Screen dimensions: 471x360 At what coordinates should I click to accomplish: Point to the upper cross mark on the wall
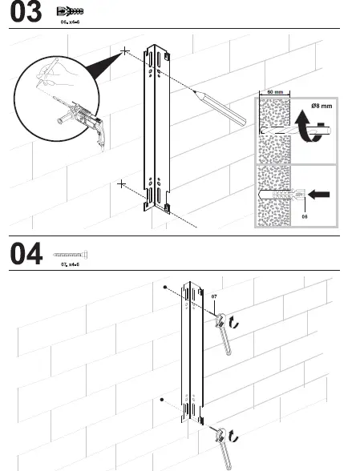tap(125, 51)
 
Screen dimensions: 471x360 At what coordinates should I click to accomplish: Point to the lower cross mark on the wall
tap(121, 184)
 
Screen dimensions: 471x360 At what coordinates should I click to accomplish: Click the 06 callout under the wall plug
tap(304, 215)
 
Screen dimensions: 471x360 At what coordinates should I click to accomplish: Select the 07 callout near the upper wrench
tap(214, 296)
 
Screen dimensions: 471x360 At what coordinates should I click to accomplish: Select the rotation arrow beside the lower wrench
tap(233, 436)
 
